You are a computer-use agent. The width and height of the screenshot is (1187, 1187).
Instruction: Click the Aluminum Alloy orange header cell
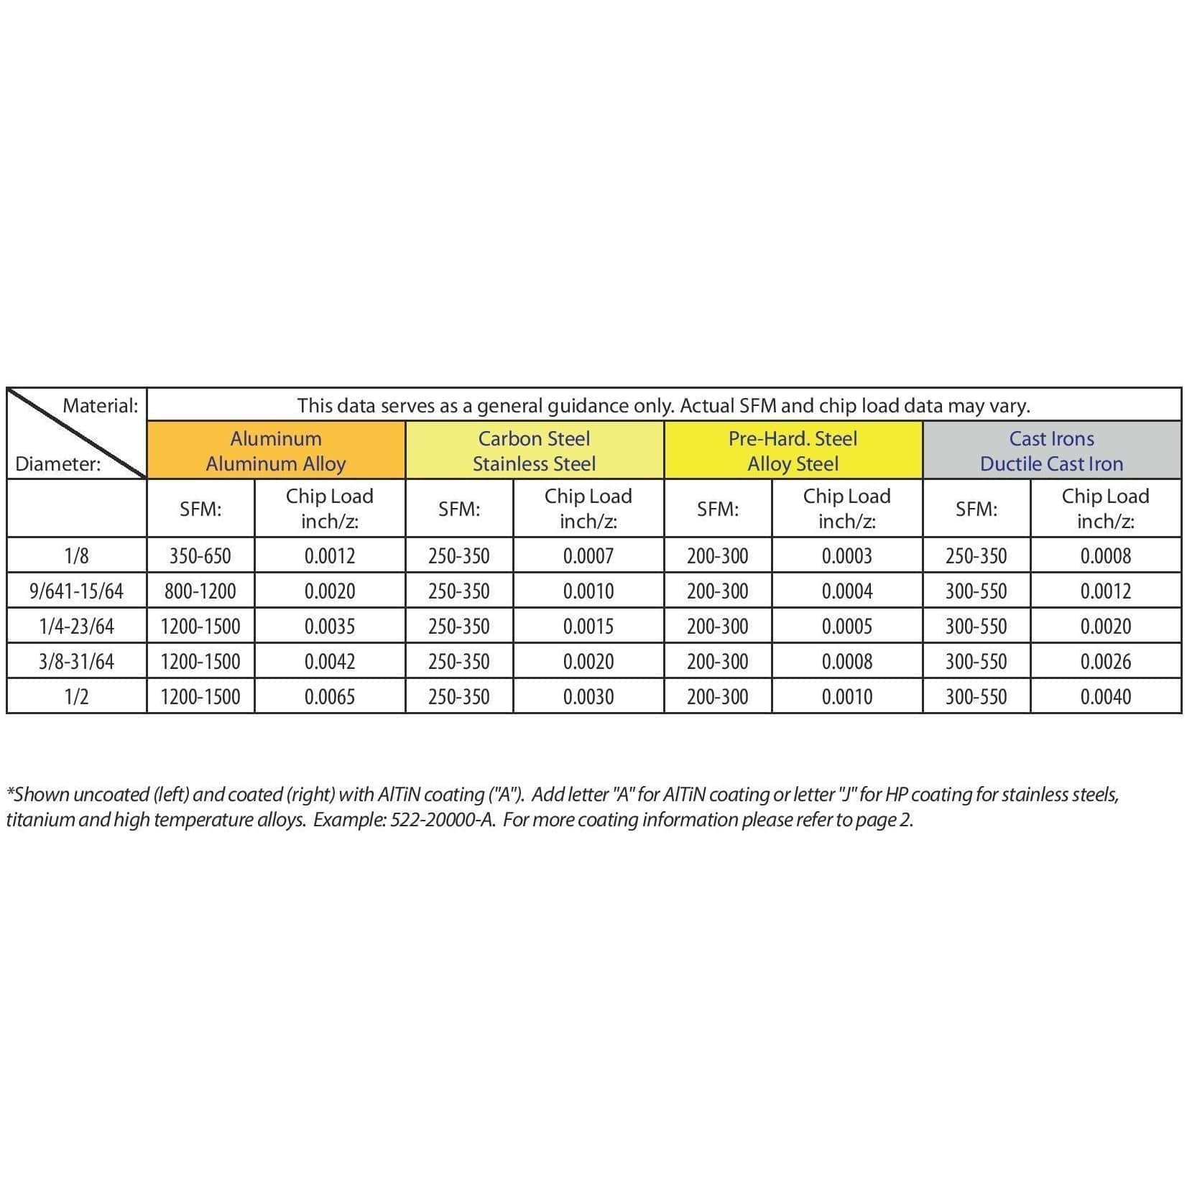[x=276, y=451]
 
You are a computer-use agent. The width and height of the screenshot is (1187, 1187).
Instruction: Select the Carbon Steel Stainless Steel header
[x=534, y=451]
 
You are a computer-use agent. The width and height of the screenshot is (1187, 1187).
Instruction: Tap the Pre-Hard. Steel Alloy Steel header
[x=793, y=451]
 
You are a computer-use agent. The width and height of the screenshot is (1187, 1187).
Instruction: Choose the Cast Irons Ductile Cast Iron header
[x=1051, y=451]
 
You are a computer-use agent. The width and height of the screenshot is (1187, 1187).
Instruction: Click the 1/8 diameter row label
[x=76, y=555]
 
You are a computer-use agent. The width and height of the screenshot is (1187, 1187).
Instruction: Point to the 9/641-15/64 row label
[x=76, y=591]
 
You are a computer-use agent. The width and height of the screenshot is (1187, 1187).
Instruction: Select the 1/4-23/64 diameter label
[x=76, y=627]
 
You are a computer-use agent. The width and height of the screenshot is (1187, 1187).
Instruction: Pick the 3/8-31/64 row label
[x=76, y=662]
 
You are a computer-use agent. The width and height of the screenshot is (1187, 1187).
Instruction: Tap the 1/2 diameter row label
[x=76, y=697]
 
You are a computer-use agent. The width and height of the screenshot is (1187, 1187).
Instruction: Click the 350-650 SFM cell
[x=200, y=555]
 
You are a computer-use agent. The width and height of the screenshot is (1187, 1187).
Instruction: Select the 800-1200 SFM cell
[x=200, y=591]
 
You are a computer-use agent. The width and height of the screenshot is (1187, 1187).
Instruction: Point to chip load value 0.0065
[x=330, y=697]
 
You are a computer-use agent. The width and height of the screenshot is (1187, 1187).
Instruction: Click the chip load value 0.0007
[x=588, y=555]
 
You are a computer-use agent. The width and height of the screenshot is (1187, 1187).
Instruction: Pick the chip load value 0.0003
[x=847, y=555]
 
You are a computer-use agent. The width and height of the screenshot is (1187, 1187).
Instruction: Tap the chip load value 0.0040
[x=1106, y=697]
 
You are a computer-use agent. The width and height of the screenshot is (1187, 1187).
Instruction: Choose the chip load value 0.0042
[x=330, y=662]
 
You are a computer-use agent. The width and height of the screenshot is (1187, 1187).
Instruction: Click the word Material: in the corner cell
[x=101, y=405]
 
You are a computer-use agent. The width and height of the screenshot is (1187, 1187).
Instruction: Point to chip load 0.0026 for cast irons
[x=1106, y=662]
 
